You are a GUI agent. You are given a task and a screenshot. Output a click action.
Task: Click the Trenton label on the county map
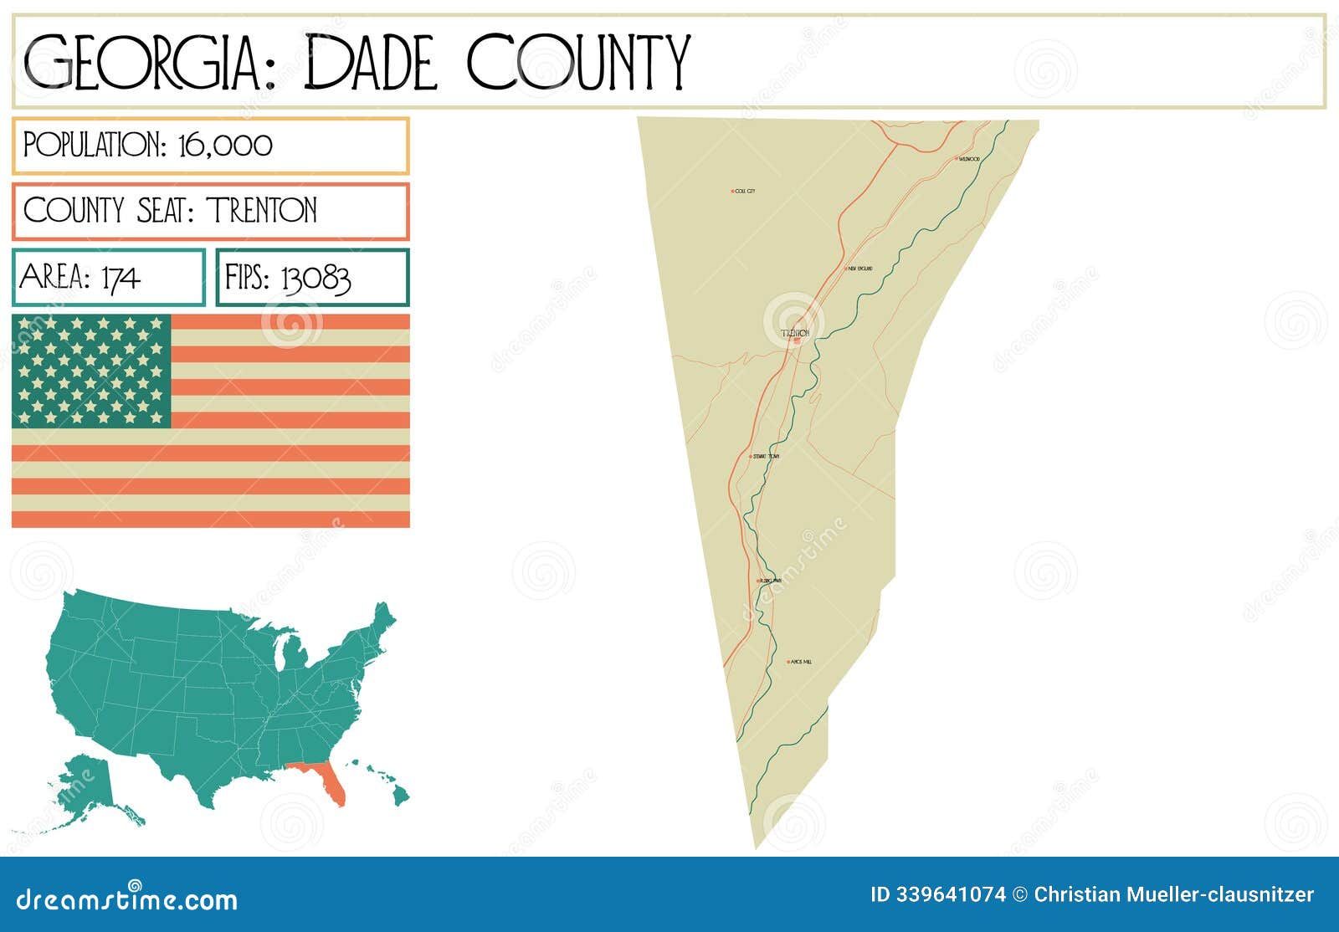click(795, 333)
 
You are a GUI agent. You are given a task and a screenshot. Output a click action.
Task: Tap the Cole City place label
click(745, 192)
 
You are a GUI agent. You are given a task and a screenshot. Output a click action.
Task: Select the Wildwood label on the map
click(969, 158)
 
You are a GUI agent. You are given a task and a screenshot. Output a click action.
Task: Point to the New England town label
click(860, 269)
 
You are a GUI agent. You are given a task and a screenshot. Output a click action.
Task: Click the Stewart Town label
click(767, 456)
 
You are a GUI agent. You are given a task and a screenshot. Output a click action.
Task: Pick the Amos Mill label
click(801, 662)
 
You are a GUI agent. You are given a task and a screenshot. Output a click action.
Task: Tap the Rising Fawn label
click(771, 580)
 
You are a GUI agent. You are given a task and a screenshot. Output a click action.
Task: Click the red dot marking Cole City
click(732, 192)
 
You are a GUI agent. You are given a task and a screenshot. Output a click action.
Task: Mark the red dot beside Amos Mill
click(788, 662)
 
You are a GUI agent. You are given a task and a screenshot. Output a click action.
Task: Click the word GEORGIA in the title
click(142, 62)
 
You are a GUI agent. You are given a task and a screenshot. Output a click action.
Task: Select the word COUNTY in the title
click(577, 62)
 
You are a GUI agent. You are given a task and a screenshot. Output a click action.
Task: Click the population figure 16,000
click(225, 146)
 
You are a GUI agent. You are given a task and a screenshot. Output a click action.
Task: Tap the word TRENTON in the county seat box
click(262, 210)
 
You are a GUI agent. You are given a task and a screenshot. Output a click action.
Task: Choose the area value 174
click(121, 278)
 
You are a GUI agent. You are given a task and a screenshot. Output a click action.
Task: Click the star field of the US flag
click(91, 371)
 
